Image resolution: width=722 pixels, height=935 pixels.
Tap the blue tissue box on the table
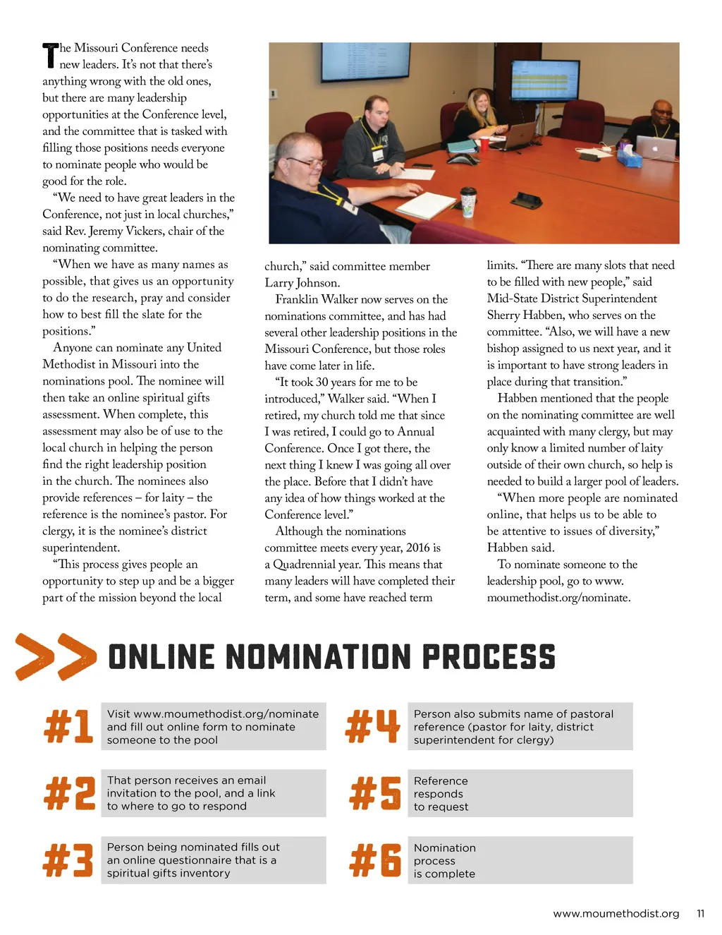pos(629,155)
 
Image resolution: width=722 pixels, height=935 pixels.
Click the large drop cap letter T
pos(49,55)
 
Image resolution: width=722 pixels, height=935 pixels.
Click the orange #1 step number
pos(68,727)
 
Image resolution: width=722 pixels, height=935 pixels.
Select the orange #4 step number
pos(373,727)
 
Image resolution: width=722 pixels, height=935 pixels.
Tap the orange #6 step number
pos(376,860)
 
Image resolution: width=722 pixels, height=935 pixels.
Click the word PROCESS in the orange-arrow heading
pos(489,657)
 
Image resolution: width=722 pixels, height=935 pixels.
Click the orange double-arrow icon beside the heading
pos(56,657)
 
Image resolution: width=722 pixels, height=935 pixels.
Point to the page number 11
pos(700,913)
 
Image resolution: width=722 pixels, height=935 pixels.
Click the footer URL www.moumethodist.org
pos(616,913)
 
